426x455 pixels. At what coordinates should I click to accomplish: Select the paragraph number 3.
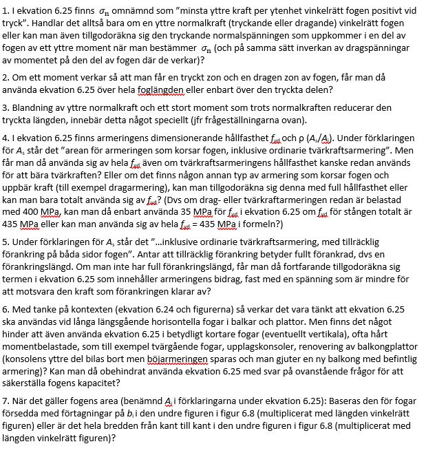(x=5, y=108)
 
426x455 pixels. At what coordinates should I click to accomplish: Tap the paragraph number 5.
(x=5, y=243)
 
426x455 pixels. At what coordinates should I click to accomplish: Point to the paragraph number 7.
(x=5, y=401)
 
